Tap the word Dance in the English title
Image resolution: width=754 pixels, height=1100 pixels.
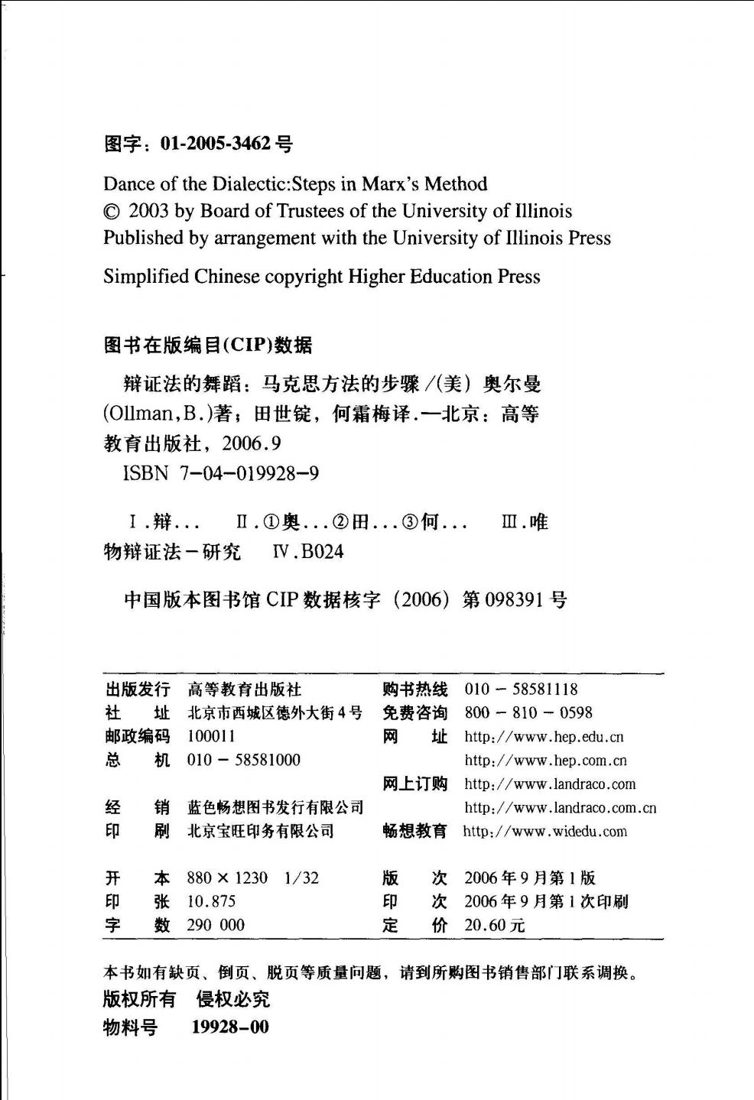click(128, 184)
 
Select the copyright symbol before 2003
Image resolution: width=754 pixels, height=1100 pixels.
click(112, 212)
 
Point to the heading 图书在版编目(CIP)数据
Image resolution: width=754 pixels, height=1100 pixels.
click(208, 346)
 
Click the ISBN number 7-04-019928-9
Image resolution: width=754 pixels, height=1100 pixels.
click(249, 474)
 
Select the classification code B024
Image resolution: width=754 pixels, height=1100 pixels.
click(322, 552)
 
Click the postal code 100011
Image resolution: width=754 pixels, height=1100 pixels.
click(211, 736)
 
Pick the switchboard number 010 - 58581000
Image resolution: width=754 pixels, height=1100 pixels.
click(243, 760)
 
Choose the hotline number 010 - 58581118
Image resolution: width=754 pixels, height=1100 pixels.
click(521, 690)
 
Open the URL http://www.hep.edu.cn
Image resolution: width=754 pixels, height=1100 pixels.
click(544, 738)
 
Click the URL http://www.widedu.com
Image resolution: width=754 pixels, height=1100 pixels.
click(544, 832)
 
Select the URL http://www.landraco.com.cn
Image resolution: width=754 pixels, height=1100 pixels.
click(560, 808)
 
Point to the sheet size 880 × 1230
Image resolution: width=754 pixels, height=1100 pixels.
click(227, 878)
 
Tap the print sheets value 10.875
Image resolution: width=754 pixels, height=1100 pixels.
click(211, 902)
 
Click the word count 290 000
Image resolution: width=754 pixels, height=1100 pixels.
click(216, 926)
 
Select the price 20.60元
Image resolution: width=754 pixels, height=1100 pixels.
click(494, 926)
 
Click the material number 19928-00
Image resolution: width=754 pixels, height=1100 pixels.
click(230, 1027)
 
